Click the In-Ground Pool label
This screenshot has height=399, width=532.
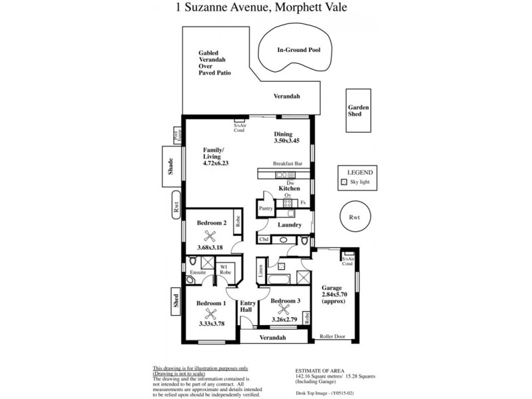[x=299, y=50]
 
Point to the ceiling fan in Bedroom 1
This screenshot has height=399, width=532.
[x=211, y=313]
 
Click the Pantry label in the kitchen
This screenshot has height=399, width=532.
[x=267, y=207]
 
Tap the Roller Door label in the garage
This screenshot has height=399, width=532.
[x=333, y=337]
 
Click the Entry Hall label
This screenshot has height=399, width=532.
[x=247, y=307]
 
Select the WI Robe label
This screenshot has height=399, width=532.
[x=225, y=269]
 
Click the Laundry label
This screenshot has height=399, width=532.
[x=290, y=225]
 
